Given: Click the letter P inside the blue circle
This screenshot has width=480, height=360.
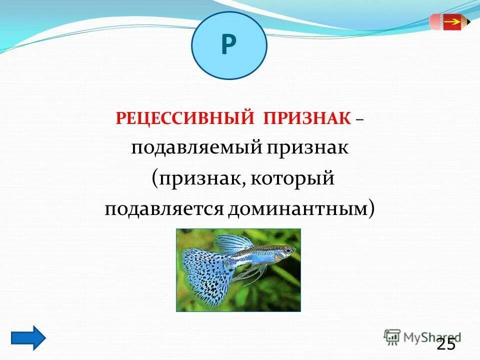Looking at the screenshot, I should point(228,45).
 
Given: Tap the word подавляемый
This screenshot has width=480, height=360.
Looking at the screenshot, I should point(196,149).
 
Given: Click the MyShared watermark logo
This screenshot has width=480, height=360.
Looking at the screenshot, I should point(421,336).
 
